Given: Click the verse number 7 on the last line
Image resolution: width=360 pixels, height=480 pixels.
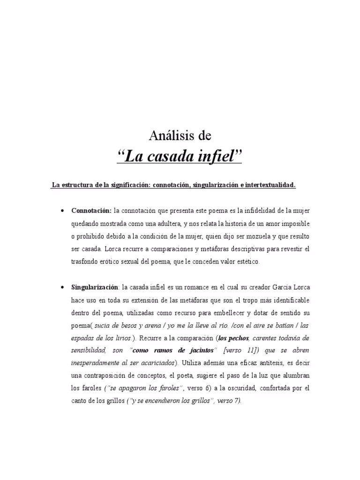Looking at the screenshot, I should point(238,401).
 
